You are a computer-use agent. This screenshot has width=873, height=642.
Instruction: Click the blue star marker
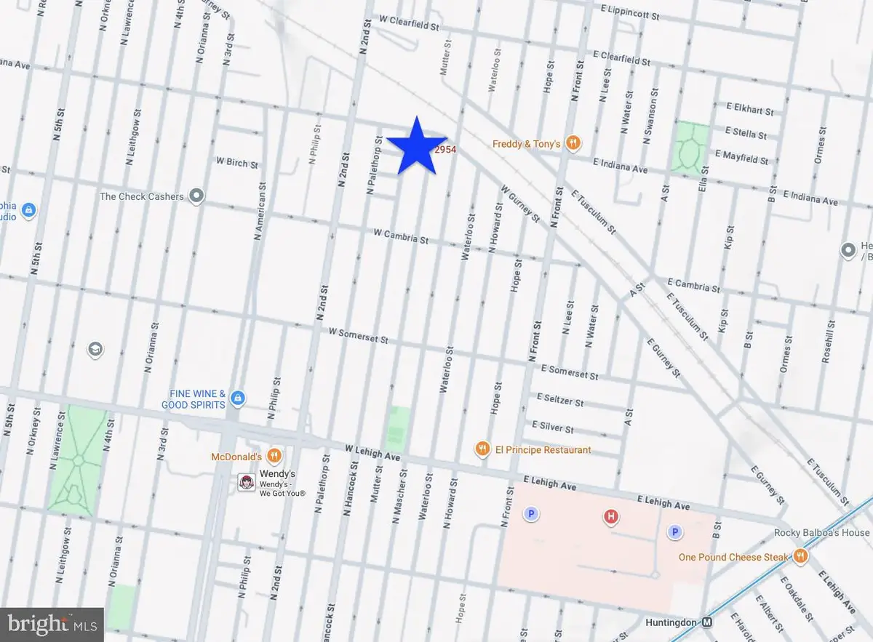tap(415, 148)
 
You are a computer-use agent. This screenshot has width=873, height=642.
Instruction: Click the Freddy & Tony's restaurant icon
tap(573, 143)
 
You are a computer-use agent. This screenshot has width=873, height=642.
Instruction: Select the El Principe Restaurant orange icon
tap(482, 449)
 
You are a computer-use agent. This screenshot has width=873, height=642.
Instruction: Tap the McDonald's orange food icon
tap(274, 457)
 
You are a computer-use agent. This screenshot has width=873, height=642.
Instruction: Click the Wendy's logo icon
tap(247, 482)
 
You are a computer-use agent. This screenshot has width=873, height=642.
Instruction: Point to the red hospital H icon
tap(611, 517)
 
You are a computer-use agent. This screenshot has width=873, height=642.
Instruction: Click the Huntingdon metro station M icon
tap(706, 622)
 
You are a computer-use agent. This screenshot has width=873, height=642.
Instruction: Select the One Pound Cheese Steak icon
tap(800, 557)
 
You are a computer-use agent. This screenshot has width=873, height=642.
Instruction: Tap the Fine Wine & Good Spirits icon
tap(237, 398)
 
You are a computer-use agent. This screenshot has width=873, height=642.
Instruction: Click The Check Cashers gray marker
tap(196, 196)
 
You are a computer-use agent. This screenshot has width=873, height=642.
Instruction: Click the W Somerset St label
tap(359, 335)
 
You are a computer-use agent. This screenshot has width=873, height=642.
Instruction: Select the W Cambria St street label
tap(401, 236)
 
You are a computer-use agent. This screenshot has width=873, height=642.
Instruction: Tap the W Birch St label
tap(236, 163)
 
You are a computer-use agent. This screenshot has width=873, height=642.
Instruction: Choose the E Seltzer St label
tap(559, 400)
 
